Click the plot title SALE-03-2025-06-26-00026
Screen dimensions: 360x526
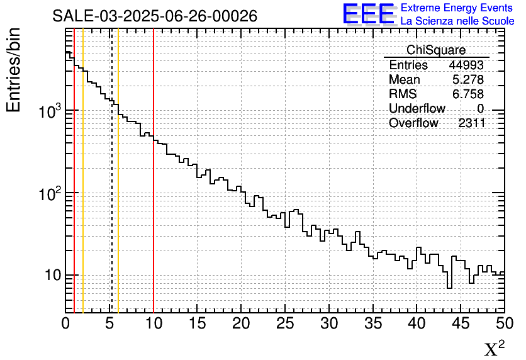pos(155,16)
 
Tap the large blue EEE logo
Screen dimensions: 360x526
pos(368,14)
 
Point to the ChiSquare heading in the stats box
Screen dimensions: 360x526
pos(436,50)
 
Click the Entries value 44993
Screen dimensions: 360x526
pos(466,65)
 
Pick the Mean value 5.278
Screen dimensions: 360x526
pos(467,80)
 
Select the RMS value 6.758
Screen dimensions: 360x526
pos(467,94)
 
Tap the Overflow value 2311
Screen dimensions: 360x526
pos(471,123)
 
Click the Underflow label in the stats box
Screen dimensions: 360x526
pos(417,109)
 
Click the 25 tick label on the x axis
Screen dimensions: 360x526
pos(285,323)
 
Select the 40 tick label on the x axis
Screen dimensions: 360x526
pos(417,323)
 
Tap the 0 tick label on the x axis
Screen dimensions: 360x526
pos(65,323)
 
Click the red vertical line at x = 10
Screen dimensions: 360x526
pos(154,220)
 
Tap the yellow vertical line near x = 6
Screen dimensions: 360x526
pos(118,220)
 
